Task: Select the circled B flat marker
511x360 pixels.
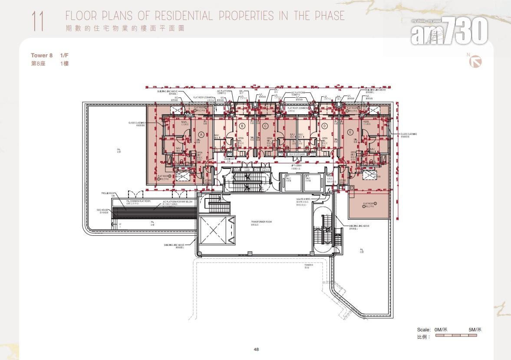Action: (x=242, y=126)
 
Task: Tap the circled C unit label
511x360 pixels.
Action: (x=265, y=126)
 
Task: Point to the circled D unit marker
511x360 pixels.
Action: (x=324, y=126)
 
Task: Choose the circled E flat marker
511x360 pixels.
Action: (x=350, y=132)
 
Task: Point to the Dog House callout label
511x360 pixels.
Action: (x=102, y=210)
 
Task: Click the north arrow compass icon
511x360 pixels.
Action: (x=476, y=62)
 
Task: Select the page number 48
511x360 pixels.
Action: (x=256, y=349)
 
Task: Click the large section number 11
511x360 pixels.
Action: (x=37, y=22)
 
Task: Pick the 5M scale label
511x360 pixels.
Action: (x=475, y=330)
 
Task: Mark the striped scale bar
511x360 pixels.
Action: (x=458, y=336)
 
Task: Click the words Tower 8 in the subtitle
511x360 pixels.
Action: (x=42, y=55)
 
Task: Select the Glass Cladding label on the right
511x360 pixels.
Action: (x=408, y=135)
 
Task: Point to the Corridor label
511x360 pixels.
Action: (x=229, y=159)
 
